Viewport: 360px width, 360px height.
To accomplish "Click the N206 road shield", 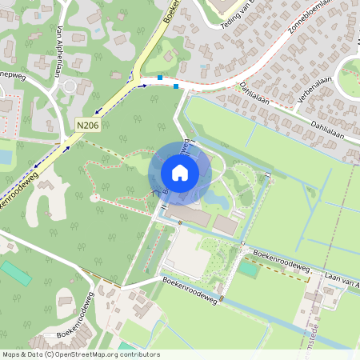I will click(89, 126).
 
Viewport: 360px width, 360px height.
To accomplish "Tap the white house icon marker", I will click(180, 172).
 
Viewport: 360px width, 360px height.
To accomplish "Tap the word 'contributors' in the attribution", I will click(140, 354).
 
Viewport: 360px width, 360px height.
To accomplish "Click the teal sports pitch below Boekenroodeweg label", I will click(249, 269).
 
